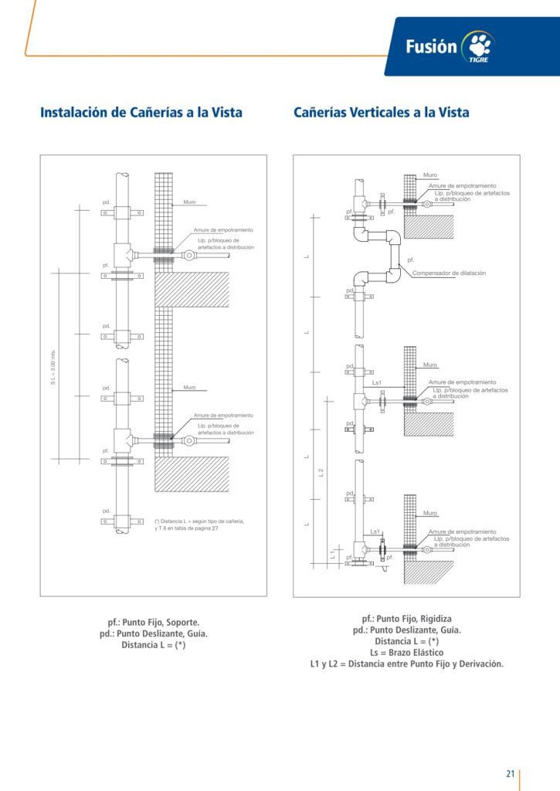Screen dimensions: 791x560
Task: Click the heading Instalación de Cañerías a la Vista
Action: coord(141,113)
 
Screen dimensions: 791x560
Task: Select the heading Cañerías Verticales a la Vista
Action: coord(381,113)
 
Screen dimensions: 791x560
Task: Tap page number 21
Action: coord(510,774)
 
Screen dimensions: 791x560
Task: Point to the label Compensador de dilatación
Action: coord(449,273)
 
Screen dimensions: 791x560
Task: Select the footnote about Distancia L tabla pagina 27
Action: coord(199,525)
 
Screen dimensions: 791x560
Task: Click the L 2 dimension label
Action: coord(321,472)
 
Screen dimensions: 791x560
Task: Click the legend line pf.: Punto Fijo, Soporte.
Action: coord(154,622)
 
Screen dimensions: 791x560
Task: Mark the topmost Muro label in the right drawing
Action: coord(429,175)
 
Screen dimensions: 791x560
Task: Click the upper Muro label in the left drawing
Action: coord(189,202)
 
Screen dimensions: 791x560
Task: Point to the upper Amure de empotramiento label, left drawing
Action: coord(223,230)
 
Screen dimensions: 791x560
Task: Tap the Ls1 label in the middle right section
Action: coord(378,382)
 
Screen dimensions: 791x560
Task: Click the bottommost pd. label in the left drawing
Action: coord(107,511)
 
